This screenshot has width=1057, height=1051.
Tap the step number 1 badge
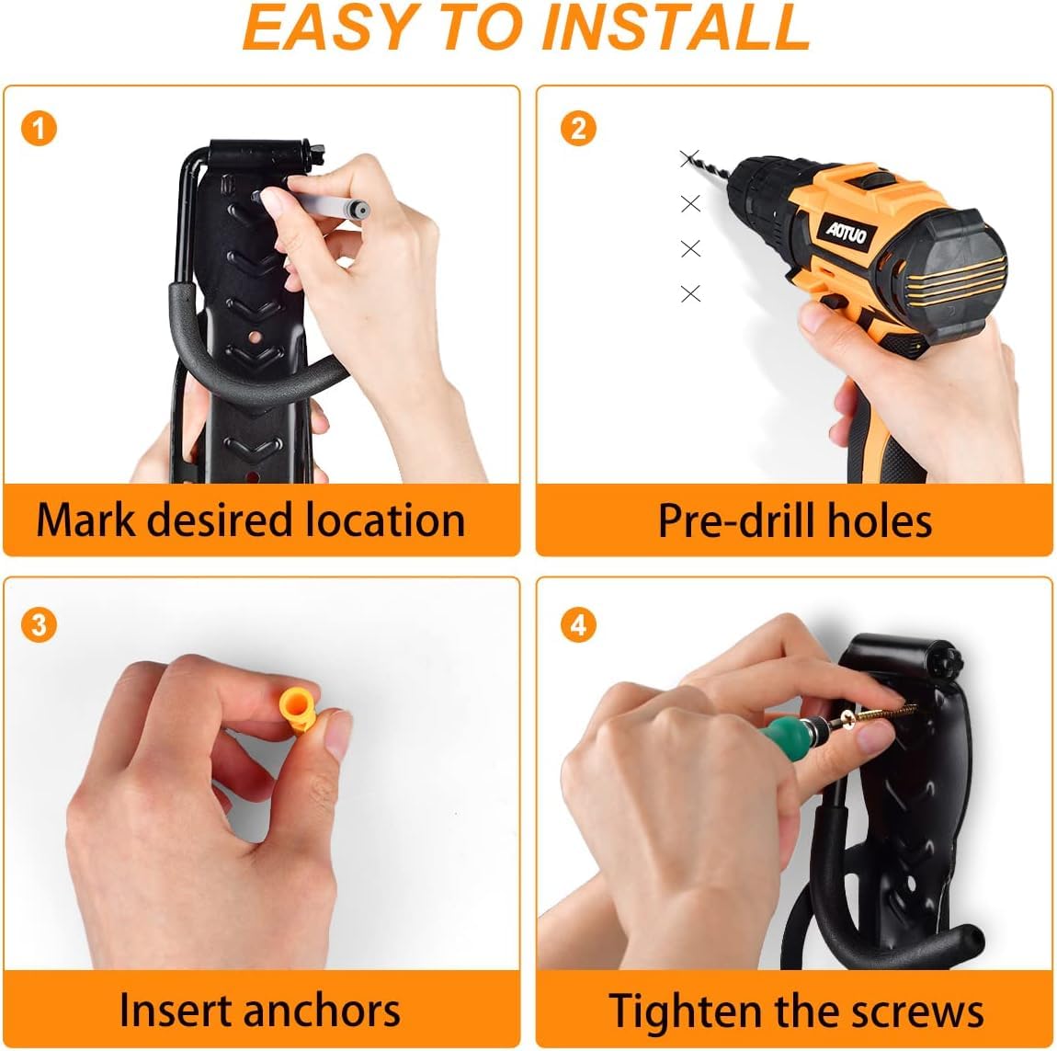40,128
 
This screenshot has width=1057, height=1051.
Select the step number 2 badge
578,128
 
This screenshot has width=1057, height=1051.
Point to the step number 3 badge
40,624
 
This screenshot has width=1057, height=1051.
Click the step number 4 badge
578,624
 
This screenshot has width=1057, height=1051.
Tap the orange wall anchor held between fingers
300,711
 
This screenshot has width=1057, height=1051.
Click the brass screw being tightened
880,715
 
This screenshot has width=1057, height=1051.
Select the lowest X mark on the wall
690,293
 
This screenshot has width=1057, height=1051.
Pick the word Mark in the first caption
85,520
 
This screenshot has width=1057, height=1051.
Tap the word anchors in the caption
321,1011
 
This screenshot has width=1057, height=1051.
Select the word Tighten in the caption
685,1011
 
